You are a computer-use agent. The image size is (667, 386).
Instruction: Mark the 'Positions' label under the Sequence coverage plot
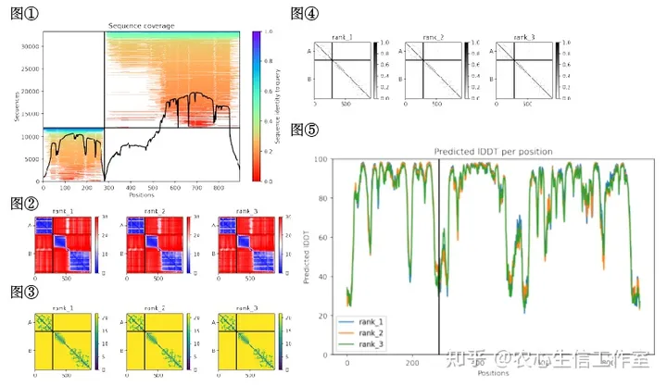point(141,195)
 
